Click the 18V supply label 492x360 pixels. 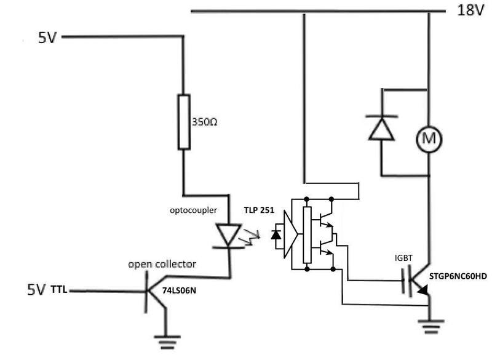tap(470, 10)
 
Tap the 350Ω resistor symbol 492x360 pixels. tap(184, 122)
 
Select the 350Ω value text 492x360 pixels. tap(204, 122)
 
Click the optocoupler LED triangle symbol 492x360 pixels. tap(228, 234)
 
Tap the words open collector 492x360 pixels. tap(162, 265)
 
